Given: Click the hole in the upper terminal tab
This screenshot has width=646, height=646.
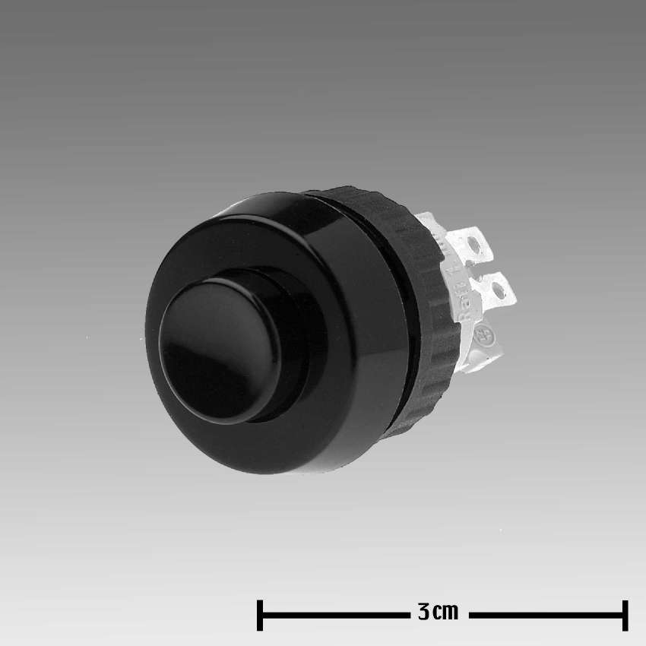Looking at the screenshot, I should [477, 245].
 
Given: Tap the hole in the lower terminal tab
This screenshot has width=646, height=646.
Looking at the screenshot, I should [499, 289].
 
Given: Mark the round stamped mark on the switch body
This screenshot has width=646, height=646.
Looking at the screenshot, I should [481, 335].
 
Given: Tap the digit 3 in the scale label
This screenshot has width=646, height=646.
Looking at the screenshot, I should [424, 613].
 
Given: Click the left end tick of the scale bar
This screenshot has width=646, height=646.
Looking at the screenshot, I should [260, 615].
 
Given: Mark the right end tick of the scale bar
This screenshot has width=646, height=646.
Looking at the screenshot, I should [625, 615].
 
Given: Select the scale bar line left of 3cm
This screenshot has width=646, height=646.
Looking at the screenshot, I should [334, 615].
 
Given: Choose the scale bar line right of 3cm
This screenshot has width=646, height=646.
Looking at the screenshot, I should [543, 615].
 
